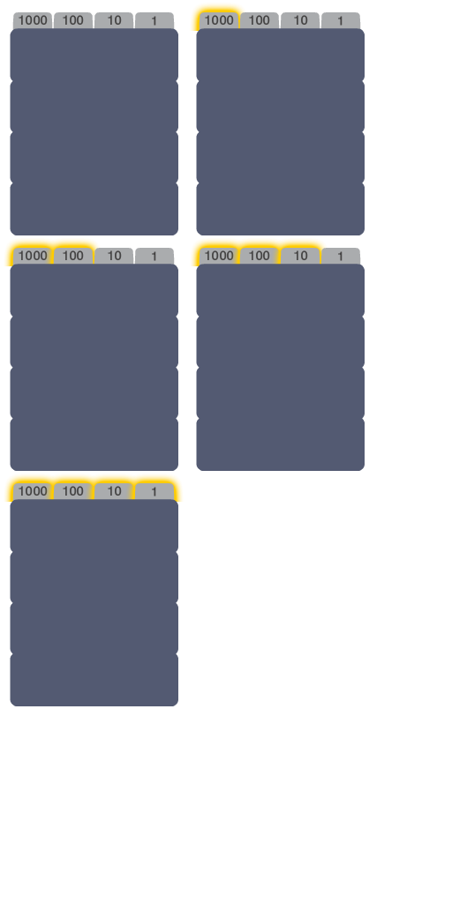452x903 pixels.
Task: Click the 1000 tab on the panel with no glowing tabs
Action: pyautogui.click(x=33, y=21)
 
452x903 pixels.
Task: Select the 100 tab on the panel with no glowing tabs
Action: pyautogui.click(x=73, y=21)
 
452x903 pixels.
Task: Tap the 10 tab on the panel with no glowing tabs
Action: pyautogui.click(x=114, y=21)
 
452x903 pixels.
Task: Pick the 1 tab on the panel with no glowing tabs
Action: pyautogui.click(x=154, y=21)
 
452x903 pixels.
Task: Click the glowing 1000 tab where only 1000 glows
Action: pyautogui.click(x=219, y=21)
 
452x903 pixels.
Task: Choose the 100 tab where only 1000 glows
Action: pyautogui.click(x=260, y=21)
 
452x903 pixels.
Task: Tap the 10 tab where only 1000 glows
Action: pyautogui.click(x=300, y=21)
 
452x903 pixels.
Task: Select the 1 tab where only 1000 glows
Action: pyautogui.click(x=341, y=21)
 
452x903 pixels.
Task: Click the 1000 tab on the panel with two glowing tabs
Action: pyautogui.click(x=33, y=257)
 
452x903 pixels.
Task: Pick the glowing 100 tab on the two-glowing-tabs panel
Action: pyautogui.click(x=73, y=257)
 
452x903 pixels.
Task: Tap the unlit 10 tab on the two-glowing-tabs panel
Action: pyautogui.click(x=114, y=257)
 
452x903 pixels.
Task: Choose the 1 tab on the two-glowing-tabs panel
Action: pyautogui.click(x=154, y=257)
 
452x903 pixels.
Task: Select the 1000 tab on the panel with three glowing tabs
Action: pyautogui.click(x=219, y=257)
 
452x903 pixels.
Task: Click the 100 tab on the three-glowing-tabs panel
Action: pyautogui.click(x=260, y=257)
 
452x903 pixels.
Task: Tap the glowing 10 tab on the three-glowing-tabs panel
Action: pyautogui.click(x=300, y=257)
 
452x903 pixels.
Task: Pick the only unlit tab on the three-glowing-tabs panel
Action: pyautogui.click(x=341, y=257)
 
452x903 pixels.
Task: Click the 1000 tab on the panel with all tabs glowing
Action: pyautogui.click(x=33, y=492)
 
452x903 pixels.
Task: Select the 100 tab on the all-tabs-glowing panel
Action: pyautogui.click(x=73, y=492)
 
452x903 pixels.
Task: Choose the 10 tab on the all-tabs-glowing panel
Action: pyautogui.click(x=114, y=492)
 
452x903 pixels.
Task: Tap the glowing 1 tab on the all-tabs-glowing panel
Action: pyautogui.click(x=154, y=492)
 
